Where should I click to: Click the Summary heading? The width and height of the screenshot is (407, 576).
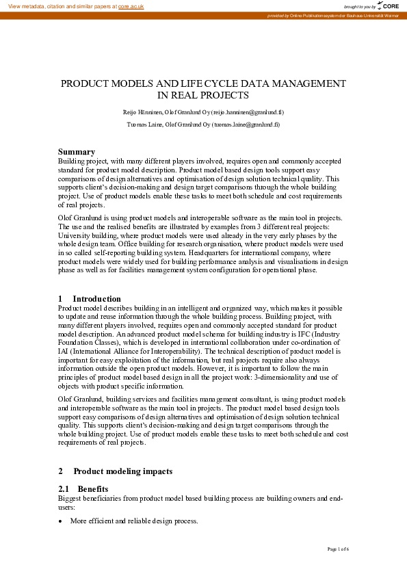click(x=77, y=151)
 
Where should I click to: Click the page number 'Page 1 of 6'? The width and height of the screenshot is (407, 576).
click(x=338, y=549)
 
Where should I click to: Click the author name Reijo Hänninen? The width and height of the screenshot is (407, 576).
click(x=140, y=112)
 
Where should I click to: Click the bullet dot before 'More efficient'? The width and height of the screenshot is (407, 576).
click(x=61, y=521)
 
